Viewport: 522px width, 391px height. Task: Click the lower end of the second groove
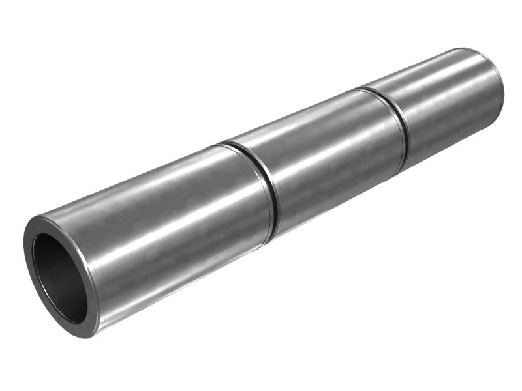click(x=405, y=168)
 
